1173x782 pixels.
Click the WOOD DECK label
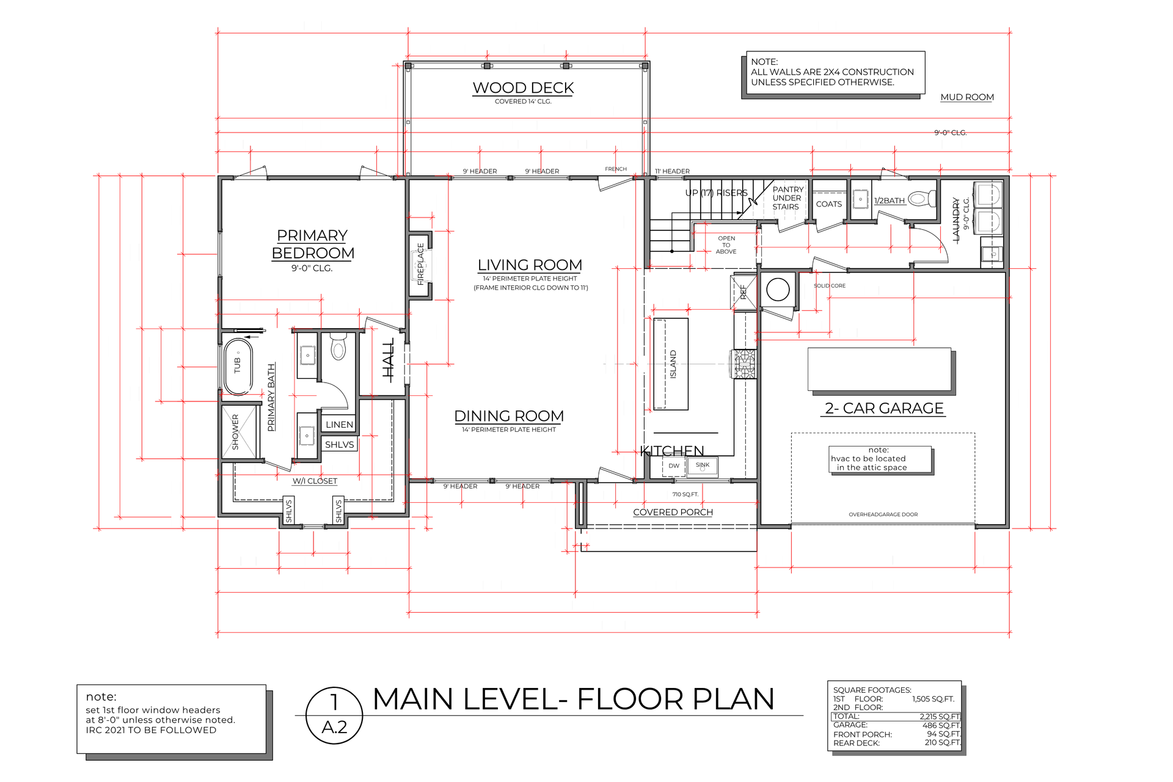tap(523, 88)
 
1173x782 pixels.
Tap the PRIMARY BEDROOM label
tap(312, 244)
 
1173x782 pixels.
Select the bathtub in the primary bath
tap(238, 366)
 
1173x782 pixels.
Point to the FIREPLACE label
tap(420, 264)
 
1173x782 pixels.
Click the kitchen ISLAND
tap(671, 364)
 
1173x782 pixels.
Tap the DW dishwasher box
tap(674, 466)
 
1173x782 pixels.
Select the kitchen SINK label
tap(703, 465)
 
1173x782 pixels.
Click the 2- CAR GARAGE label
tap(884, 408)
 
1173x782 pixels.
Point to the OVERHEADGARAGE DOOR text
tap(883, 514)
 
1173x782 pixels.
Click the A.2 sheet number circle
tap(334, 715)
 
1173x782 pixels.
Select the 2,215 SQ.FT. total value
tap(940, 717)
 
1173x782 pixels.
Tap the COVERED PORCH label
tap(673, 512)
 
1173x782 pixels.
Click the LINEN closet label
tap(339, 425)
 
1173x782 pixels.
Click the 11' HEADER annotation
tap(672, 172)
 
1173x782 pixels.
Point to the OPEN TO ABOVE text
tap(726, 245)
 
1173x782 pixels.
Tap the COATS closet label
tap(828, 204)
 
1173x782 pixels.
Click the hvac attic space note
tap(879, 459)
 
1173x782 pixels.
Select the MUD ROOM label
tap(967, 97)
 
